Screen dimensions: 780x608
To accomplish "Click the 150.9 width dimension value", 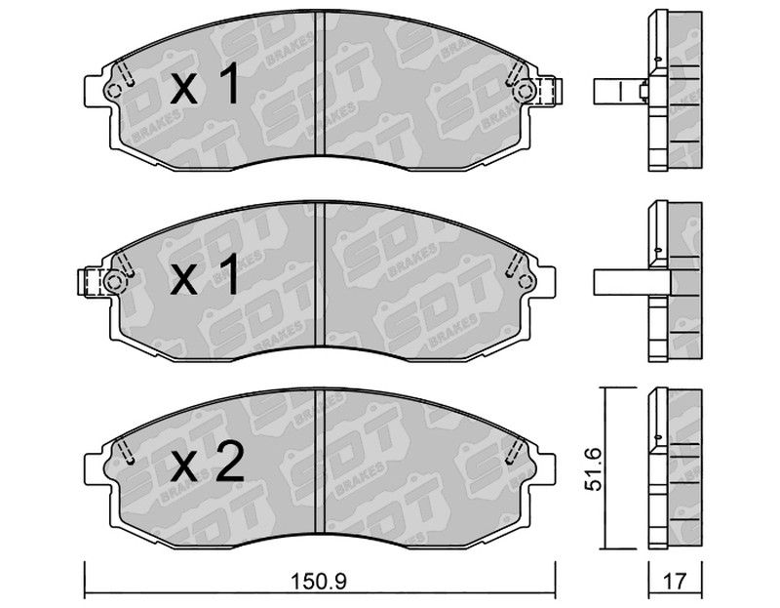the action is pos(320,581).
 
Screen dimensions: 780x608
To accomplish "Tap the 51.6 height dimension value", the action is pos(594,469).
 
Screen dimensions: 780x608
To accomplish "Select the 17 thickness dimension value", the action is pos(675,581).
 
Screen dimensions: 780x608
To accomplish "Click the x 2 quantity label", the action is pos(207,465).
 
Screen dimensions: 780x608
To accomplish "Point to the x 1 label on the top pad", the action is pos(205,86).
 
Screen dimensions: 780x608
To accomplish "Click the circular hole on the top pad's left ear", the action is pos(114,91).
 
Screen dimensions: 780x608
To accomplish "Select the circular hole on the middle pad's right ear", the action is pos(526,281).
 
